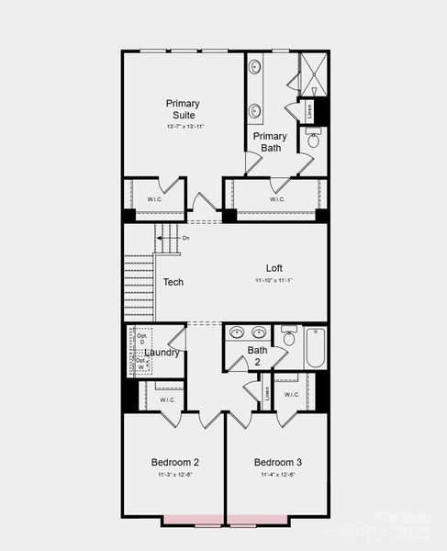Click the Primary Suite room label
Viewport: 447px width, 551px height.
[183, 108]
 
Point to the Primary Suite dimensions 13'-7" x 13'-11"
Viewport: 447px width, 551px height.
[184, 126]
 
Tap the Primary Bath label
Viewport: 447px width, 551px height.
[270, 141]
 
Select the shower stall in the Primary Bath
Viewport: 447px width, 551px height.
[311, 74]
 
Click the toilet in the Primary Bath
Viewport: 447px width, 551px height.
[313, 139]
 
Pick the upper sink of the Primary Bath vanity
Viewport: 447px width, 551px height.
[255, 67]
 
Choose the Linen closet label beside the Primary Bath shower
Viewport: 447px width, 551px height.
[309, 112]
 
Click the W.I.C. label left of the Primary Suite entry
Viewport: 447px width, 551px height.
[154, 198]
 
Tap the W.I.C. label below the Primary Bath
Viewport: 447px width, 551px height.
[277, 198]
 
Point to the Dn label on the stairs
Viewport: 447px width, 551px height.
[185, 238]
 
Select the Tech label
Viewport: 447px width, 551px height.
[173, 282]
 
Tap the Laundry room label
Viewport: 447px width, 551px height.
[162, 353]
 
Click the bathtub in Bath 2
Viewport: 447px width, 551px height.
[315, 348]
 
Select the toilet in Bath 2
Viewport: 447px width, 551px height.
[289, 338]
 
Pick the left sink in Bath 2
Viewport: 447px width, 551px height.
[238, 332]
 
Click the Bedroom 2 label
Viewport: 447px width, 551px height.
[175, 462]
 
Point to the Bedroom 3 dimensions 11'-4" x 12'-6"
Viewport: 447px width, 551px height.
[277, 475]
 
